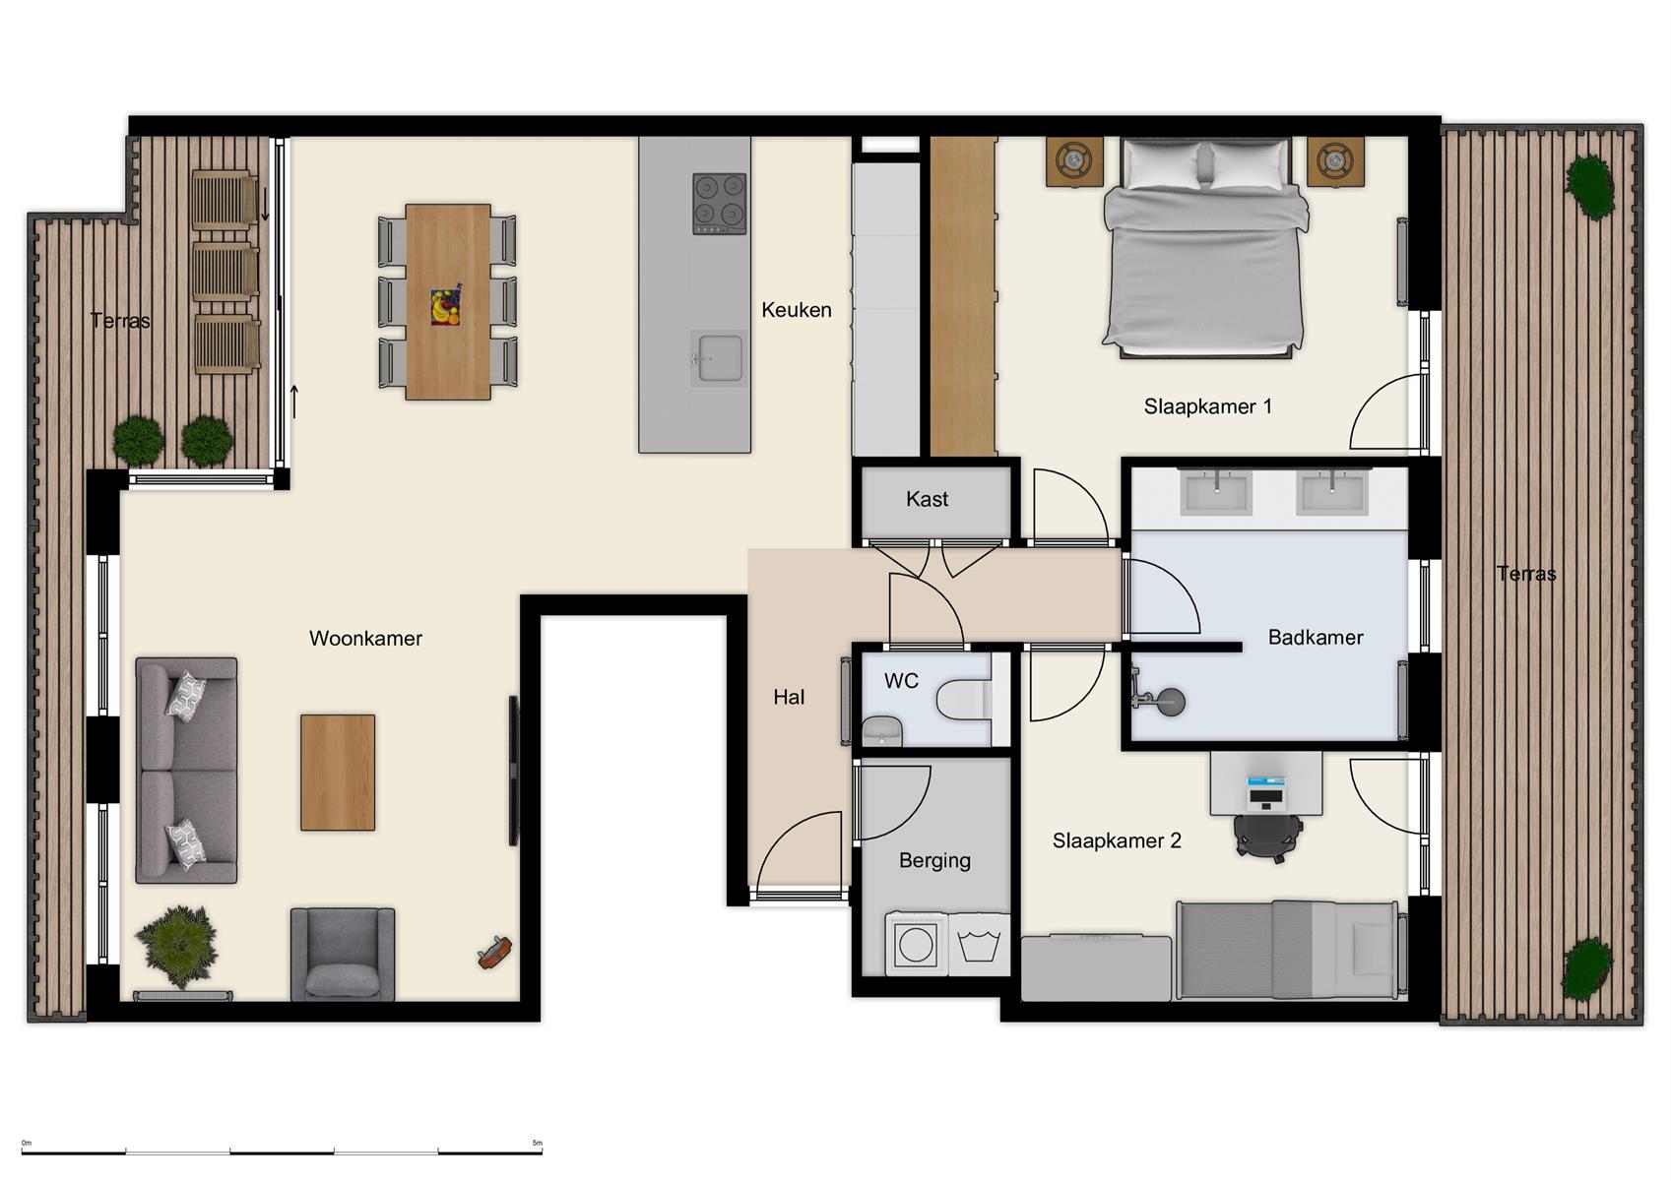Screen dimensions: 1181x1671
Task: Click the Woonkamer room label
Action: [365, 638]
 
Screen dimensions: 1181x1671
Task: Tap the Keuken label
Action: [796, 310]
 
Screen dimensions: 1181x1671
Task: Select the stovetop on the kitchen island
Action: [719, 203]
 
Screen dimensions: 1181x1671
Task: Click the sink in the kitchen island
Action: [718, 357]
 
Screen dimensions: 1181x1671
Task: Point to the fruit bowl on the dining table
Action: [445, 306]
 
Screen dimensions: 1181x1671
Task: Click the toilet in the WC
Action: [962, 700]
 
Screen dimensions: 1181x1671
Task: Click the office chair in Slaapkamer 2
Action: [1268, 837]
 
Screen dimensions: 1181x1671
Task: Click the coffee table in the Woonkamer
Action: [338, 773]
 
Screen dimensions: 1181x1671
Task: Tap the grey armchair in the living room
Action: [343, 954]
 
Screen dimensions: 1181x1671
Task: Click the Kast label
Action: [927, 499]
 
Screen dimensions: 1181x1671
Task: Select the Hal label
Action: [789, 697]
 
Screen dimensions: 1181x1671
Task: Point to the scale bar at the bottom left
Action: [282, 1150]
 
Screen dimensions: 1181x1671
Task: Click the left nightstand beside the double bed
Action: [1074, 160]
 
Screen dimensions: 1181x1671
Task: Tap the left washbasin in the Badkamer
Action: [1217, 491]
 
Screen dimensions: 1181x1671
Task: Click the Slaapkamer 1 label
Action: [1207, 406]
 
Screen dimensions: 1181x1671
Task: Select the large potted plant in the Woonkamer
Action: [177, 946]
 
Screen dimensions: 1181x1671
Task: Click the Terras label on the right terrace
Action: [1525, 574]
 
